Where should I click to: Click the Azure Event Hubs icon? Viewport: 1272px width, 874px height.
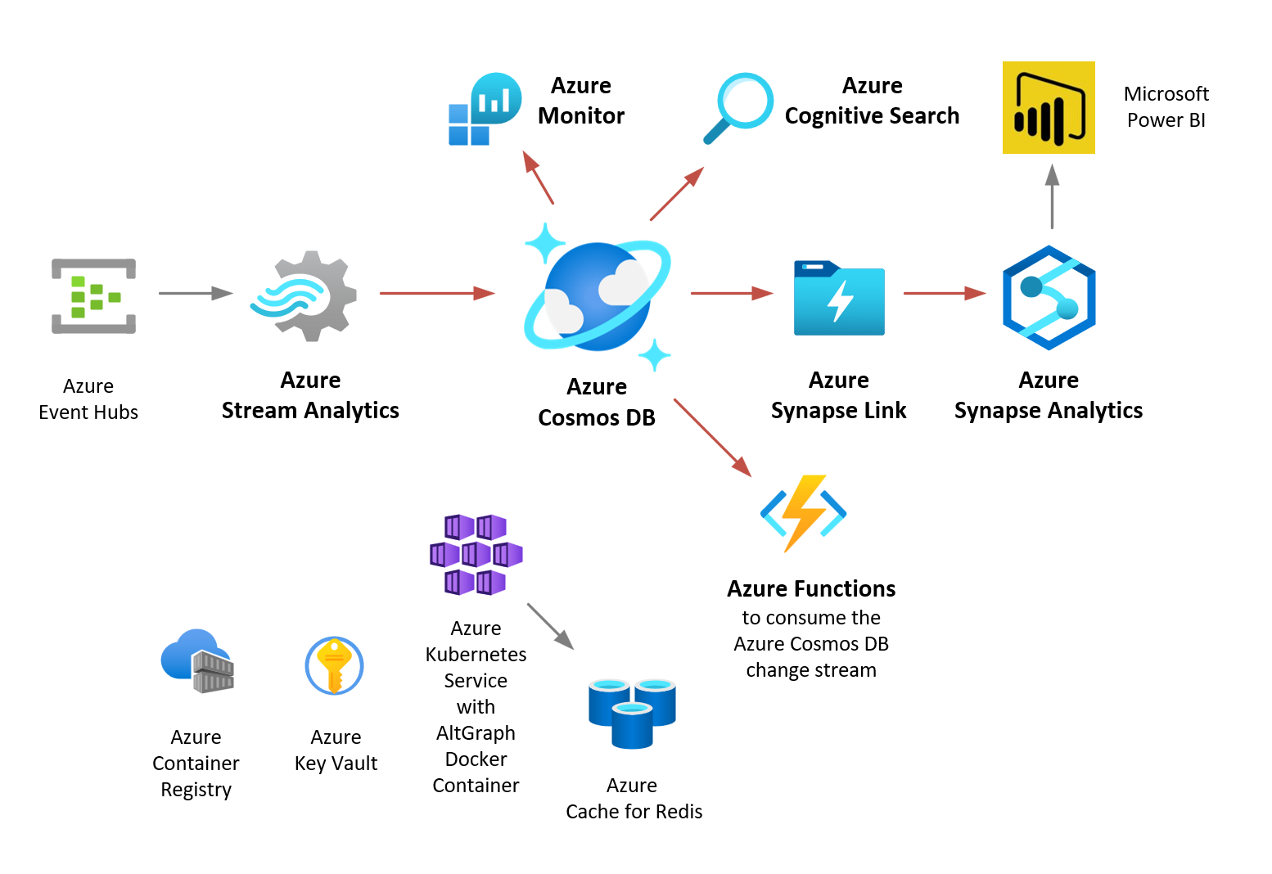[93, 296]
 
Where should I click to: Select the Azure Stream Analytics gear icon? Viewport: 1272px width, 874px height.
[304, 295]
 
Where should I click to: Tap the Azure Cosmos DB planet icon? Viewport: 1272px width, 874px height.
[598, 296]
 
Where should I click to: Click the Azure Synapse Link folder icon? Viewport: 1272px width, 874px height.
[839, 298]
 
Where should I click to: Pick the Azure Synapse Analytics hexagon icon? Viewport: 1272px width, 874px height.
[1049, 298]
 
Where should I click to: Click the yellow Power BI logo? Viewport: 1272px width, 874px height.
[1049, 107]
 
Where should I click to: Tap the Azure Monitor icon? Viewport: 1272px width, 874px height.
[485, 109]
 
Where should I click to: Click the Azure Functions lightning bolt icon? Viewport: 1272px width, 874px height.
[803, 513]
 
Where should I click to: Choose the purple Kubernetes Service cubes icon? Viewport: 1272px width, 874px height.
[476, 554]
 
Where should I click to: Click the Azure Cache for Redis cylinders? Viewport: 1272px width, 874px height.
[632, 712]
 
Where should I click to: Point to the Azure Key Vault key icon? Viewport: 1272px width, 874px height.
[334, 665]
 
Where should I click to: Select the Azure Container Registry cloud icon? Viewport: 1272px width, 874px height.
[197, 660]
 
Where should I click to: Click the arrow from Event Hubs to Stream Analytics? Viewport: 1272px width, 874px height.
[196, 293]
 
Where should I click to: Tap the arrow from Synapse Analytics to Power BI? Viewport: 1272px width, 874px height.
[1053, 196]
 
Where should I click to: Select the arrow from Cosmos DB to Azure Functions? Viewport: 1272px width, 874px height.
[712, 437]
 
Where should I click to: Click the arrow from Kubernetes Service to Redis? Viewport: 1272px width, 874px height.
[550, 626]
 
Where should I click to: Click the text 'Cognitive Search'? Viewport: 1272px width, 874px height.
[872, 116]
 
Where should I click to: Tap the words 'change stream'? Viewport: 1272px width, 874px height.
[811, 670]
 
